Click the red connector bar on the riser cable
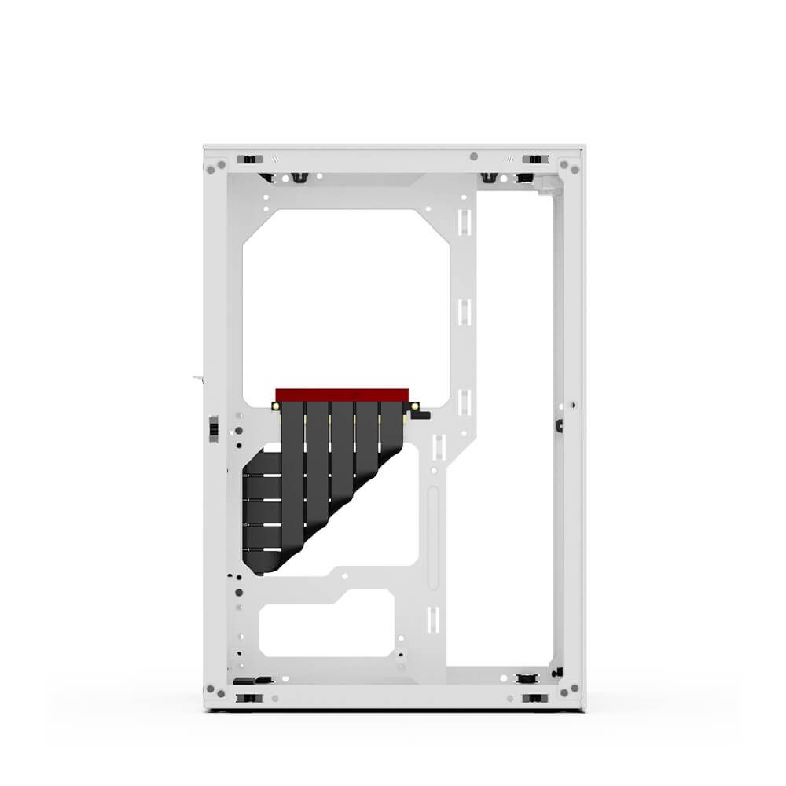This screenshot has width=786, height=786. (343, 393)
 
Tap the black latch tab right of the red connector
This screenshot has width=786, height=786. (414, 410)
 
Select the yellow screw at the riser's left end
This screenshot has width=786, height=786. (277, 406)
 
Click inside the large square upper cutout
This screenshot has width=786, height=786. (346, 299)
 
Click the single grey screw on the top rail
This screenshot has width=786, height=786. (473, 156)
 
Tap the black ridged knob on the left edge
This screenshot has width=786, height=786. (214, 429)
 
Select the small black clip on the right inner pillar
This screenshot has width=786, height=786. (559, 425)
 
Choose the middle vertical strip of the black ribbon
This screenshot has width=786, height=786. (342, 448)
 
